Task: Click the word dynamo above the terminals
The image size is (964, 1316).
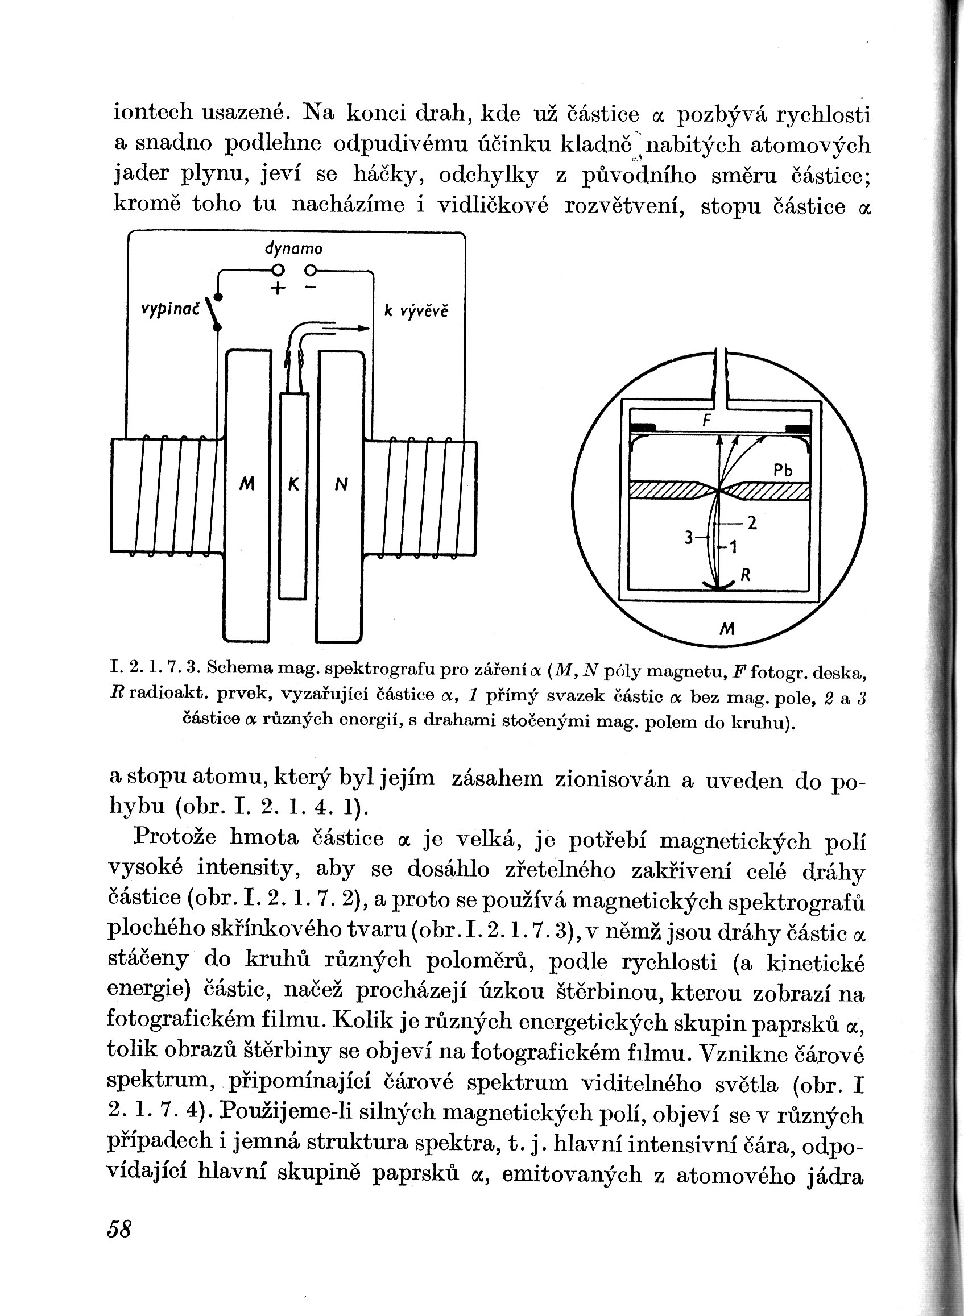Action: [293, 249]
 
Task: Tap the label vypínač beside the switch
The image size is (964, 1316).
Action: [171, 310]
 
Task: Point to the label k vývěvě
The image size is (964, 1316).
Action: [416, 312]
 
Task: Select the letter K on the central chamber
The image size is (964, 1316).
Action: [293, 484]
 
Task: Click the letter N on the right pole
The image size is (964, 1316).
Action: [341, 484]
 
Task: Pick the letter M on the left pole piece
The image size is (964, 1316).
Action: [247, 484]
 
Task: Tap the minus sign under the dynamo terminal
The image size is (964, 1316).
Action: [311, 288]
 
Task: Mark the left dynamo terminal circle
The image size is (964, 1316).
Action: [279, 270]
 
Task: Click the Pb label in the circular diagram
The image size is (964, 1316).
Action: [783, 470]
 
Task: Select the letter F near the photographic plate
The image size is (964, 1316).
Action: [706, 421]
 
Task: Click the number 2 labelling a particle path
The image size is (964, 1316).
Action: [752, 523]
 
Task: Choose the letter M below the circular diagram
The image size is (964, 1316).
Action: [726, 629]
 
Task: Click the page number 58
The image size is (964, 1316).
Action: [119, 1228]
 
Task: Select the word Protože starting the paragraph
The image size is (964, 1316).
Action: [175, 837]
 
